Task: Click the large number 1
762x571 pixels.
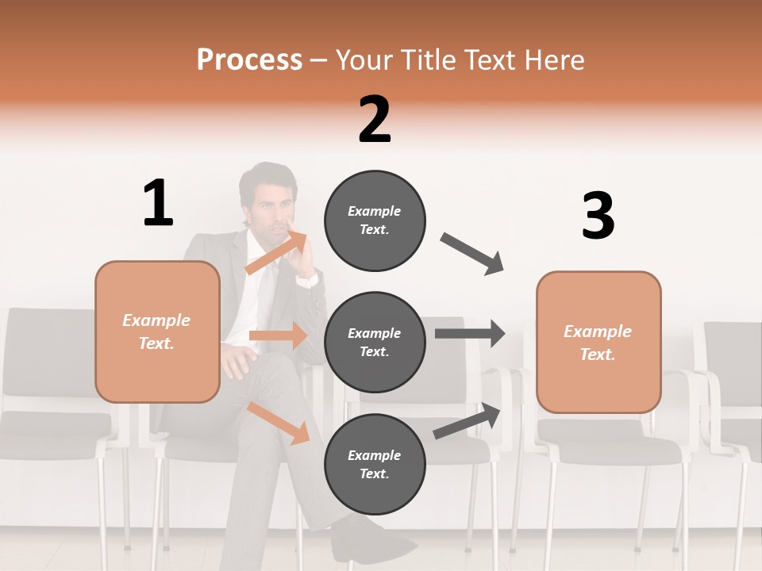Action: tap(158, 203)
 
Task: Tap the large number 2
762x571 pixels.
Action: tap(375, 120)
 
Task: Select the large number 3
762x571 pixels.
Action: tap(598, 217)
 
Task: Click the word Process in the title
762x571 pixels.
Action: tap(249, 59)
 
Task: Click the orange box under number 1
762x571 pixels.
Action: tap(157, 331)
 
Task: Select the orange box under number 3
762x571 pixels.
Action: tap(598, 343)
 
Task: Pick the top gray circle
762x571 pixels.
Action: tap(375, 220)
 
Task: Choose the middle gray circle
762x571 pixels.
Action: tap(375, 342)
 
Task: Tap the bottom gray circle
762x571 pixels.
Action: tap(375, 464)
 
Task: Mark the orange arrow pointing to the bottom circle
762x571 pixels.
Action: tap(278, 423)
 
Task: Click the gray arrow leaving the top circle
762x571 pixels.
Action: tap(472, 254)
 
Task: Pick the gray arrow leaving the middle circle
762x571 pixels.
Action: tap(469, 333)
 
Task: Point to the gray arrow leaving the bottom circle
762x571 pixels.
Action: tap(468, 421)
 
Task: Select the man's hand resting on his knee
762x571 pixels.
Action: tap(236, 361)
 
